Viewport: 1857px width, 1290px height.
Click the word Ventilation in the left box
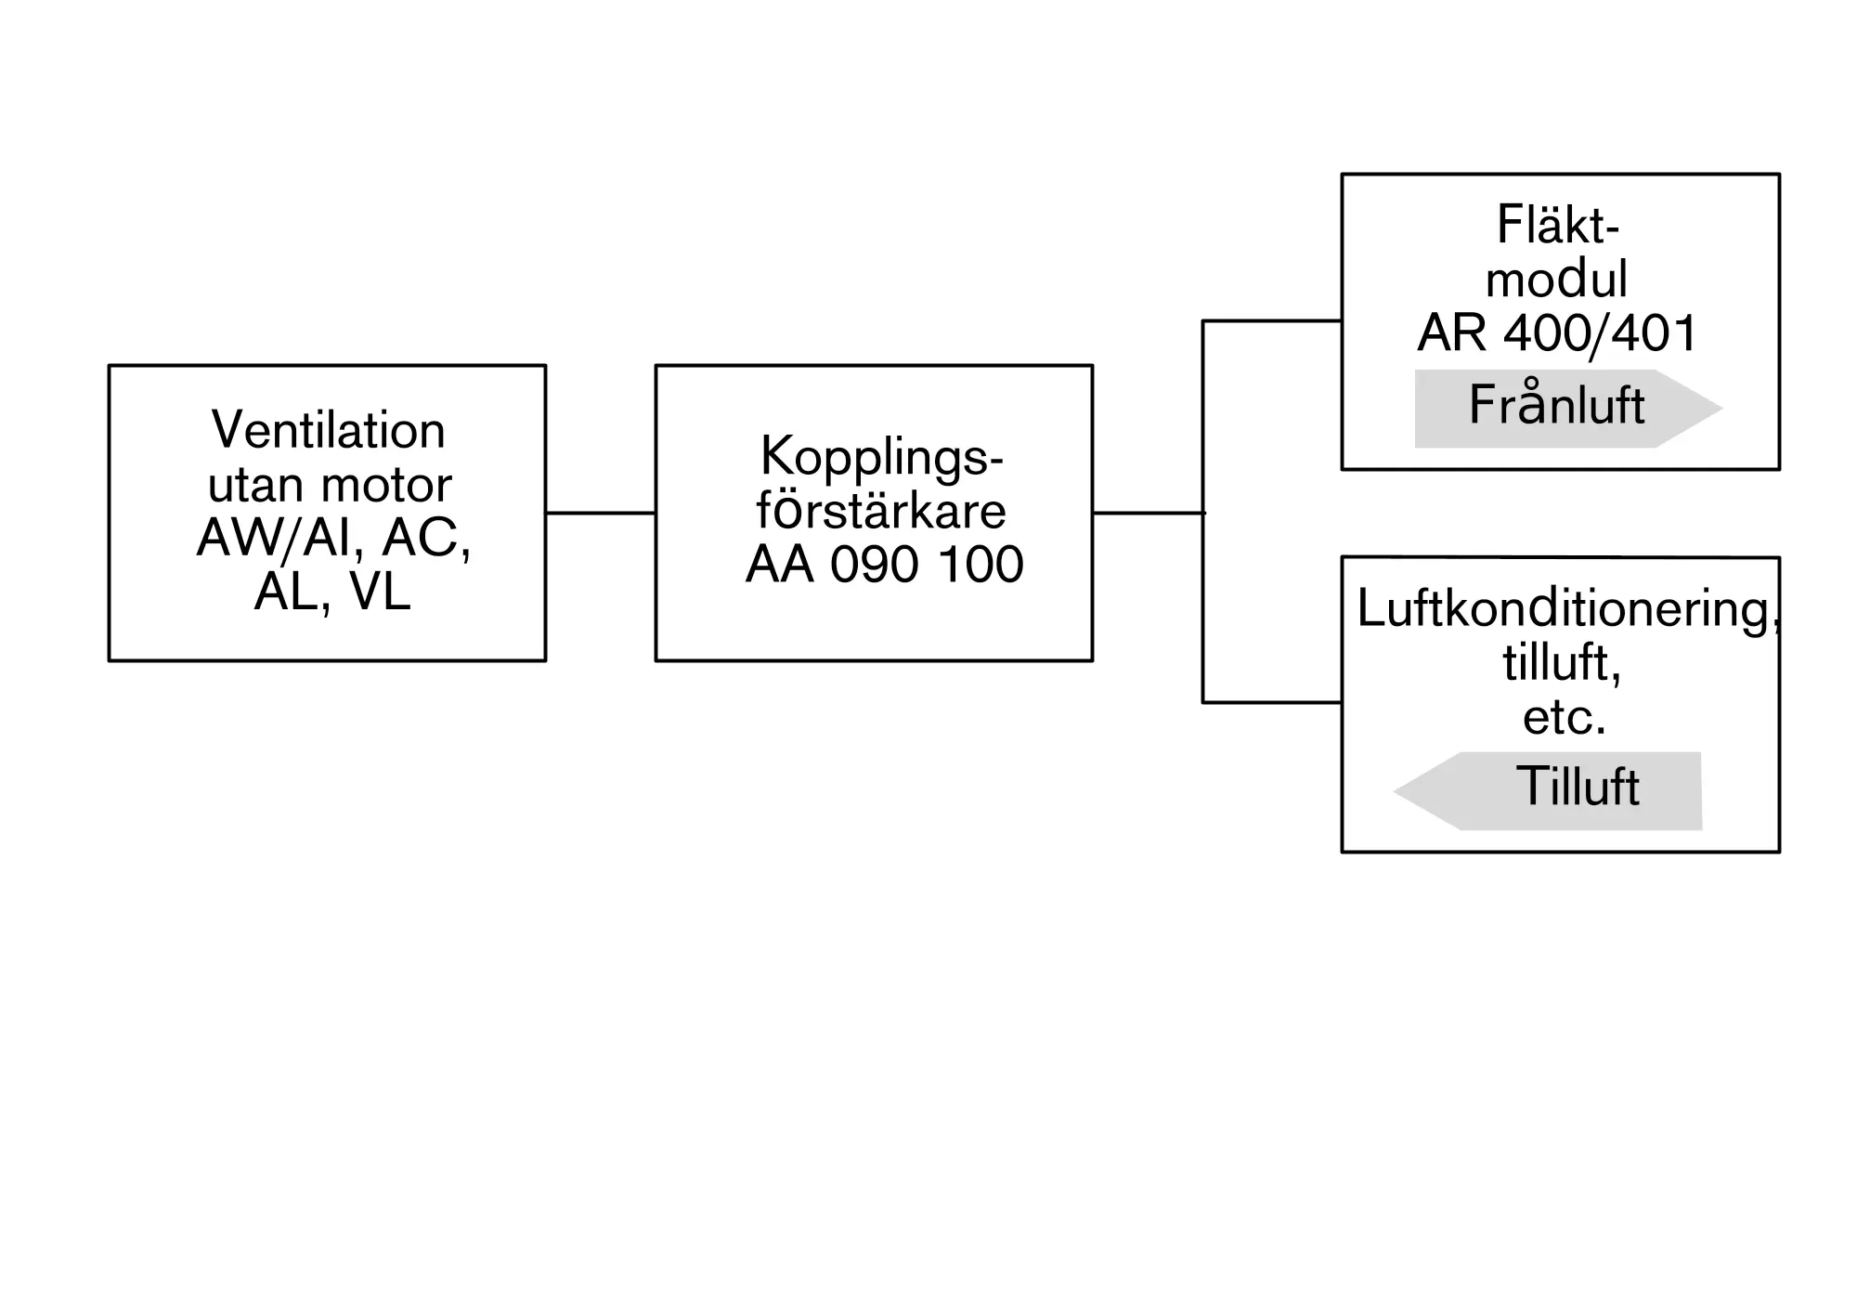click(329, 430)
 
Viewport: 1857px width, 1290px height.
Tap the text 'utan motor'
click(330, 484)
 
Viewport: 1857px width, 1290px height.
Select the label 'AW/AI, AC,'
click(334, 538)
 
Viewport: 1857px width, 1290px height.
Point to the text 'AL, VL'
click(332, 591)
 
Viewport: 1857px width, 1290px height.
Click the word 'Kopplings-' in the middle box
click(882, 457)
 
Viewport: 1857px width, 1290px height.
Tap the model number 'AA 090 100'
click(884, 564)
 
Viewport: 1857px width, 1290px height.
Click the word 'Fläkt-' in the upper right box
click(1558, 224)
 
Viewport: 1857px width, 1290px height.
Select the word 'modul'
click(1557, 278)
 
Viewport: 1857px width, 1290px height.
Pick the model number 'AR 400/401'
click(1557, 332)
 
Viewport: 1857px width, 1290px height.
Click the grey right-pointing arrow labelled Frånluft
click(1568, 409)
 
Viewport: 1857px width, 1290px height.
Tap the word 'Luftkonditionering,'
click(1568, 610)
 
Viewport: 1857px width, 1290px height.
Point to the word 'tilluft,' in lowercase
click(1562, 663)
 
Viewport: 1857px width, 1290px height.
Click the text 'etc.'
click(1564, 717)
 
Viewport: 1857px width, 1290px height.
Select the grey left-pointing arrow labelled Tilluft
click(1548, 791)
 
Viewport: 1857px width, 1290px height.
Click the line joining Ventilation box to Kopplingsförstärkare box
click(601, 513)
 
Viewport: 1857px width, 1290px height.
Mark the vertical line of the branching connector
click(1203, 512)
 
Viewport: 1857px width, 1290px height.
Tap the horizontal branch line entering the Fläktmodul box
click(1272, 321)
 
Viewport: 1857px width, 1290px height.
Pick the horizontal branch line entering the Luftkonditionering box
click(1272, 702)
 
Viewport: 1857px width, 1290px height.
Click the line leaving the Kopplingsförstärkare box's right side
click(1149, 513)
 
